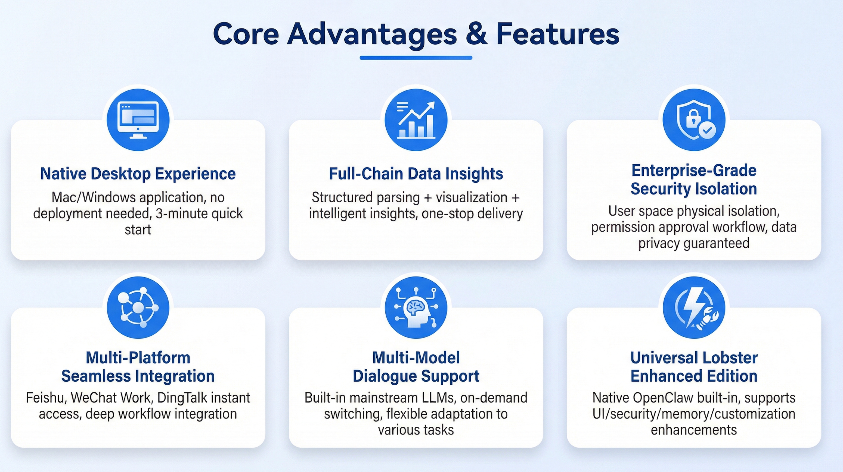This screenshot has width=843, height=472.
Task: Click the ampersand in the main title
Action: (x=476, y=34)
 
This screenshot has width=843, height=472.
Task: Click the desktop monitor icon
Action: (x=138, y=120)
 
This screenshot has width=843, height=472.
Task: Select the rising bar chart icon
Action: (x=416, y=120)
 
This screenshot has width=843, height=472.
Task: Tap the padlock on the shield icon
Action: (x=693, y=118)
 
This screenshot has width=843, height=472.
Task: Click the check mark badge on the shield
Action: (x=707, y=130)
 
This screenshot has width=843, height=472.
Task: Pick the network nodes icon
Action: (x=138, y=307)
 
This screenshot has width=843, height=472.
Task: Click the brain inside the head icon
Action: (x=415, y=307)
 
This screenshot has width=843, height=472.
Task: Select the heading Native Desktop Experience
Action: (x=138, y=174)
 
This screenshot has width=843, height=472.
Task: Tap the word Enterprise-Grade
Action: (x=694, y=170)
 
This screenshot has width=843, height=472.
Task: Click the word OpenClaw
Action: (x=663, y=398)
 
